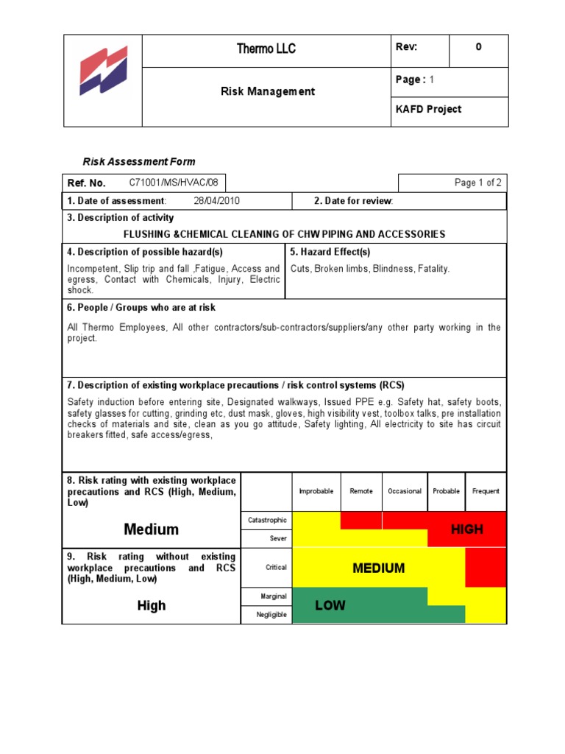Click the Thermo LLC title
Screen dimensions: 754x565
266,49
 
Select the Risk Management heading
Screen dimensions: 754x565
268,91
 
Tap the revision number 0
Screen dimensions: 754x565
479,47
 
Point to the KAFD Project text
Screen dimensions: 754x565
429,110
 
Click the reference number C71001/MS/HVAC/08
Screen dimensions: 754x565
174,183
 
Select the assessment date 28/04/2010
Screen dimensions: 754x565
217,201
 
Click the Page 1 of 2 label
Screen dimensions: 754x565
478,183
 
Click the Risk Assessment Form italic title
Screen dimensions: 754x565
138,162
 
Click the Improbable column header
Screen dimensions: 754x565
316,491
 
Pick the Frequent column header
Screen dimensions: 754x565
486,491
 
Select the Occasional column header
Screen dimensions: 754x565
405,491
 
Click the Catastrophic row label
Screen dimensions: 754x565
267,520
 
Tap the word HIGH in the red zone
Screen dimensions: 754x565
467,529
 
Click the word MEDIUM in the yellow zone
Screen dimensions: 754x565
379,568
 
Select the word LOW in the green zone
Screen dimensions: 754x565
330,606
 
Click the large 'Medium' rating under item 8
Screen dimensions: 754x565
152,529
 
